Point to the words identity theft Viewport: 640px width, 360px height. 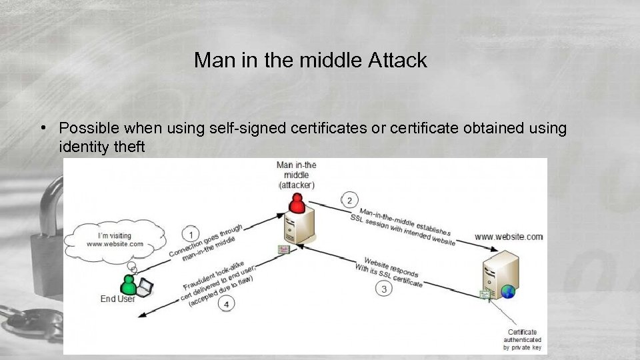click(101, 146)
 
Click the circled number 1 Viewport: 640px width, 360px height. click(191, 234)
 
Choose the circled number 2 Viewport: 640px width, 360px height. click(349, 199)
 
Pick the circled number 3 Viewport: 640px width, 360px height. click(383, 289)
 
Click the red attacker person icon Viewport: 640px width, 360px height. click(297, 202)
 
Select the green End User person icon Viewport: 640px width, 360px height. click(127, 284)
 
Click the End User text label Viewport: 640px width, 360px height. click(117, 299)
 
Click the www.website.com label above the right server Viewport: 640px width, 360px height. click(509, 237)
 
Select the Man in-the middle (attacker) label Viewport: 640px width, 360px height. click(296, 175)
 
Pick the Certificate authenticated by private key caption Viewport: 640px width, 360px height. click(522, 339)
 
